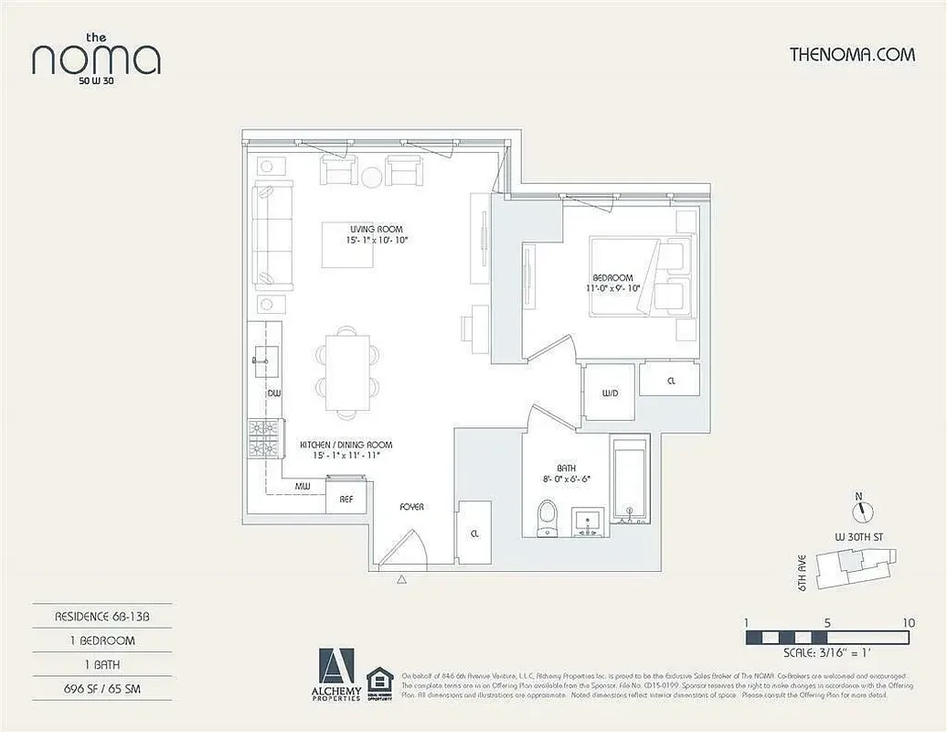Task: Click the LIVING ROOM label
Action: (375, 230)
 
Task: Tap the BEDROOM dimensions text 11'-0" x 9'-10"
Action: (614, 288)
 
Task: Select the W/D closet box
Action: (610, 393)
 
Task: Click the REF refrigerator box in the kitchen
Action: (346, 499)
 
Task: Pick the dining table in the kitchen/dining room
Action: (347, 372)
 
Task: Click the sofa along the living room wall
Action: (272, 234)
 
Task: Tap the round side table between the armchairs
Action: (372, 177)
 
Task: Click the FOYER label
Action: (411, 507)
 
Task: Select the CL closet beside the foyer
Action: (473, 533)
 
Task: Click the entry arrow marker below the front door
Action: (400, 579)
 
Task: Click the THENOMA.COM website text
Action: (851, 54)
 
